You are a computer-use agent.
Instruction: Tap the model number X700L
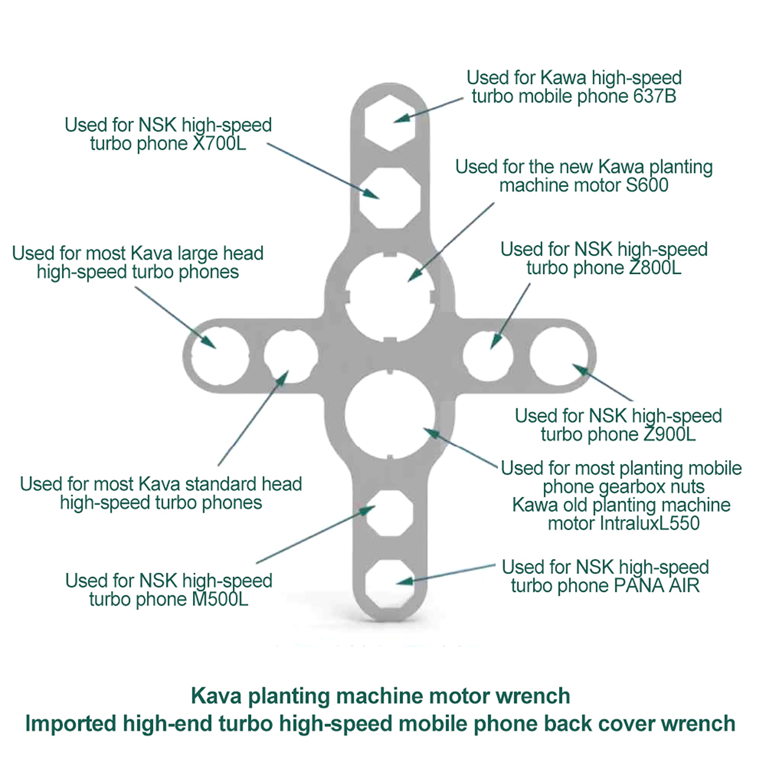[219, 144]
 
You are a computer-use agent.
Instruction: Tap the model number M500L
[220, 599]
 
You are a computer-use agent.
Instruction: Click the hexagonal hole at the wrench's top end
[389, 123]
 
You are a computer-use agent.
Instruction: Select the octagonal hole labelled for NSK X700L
[390, 197]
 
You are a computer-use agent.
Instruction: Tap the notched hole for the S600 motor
[390, 297]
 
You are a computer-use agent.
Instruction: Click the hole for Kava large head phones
[220, 356]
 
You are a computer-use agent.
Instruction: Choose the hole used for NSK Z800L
[488, 356]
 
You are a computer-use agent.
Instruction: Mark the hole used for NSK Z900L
[559, 356]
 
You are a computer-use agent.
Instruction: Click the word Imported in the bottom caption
[70, 723]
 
